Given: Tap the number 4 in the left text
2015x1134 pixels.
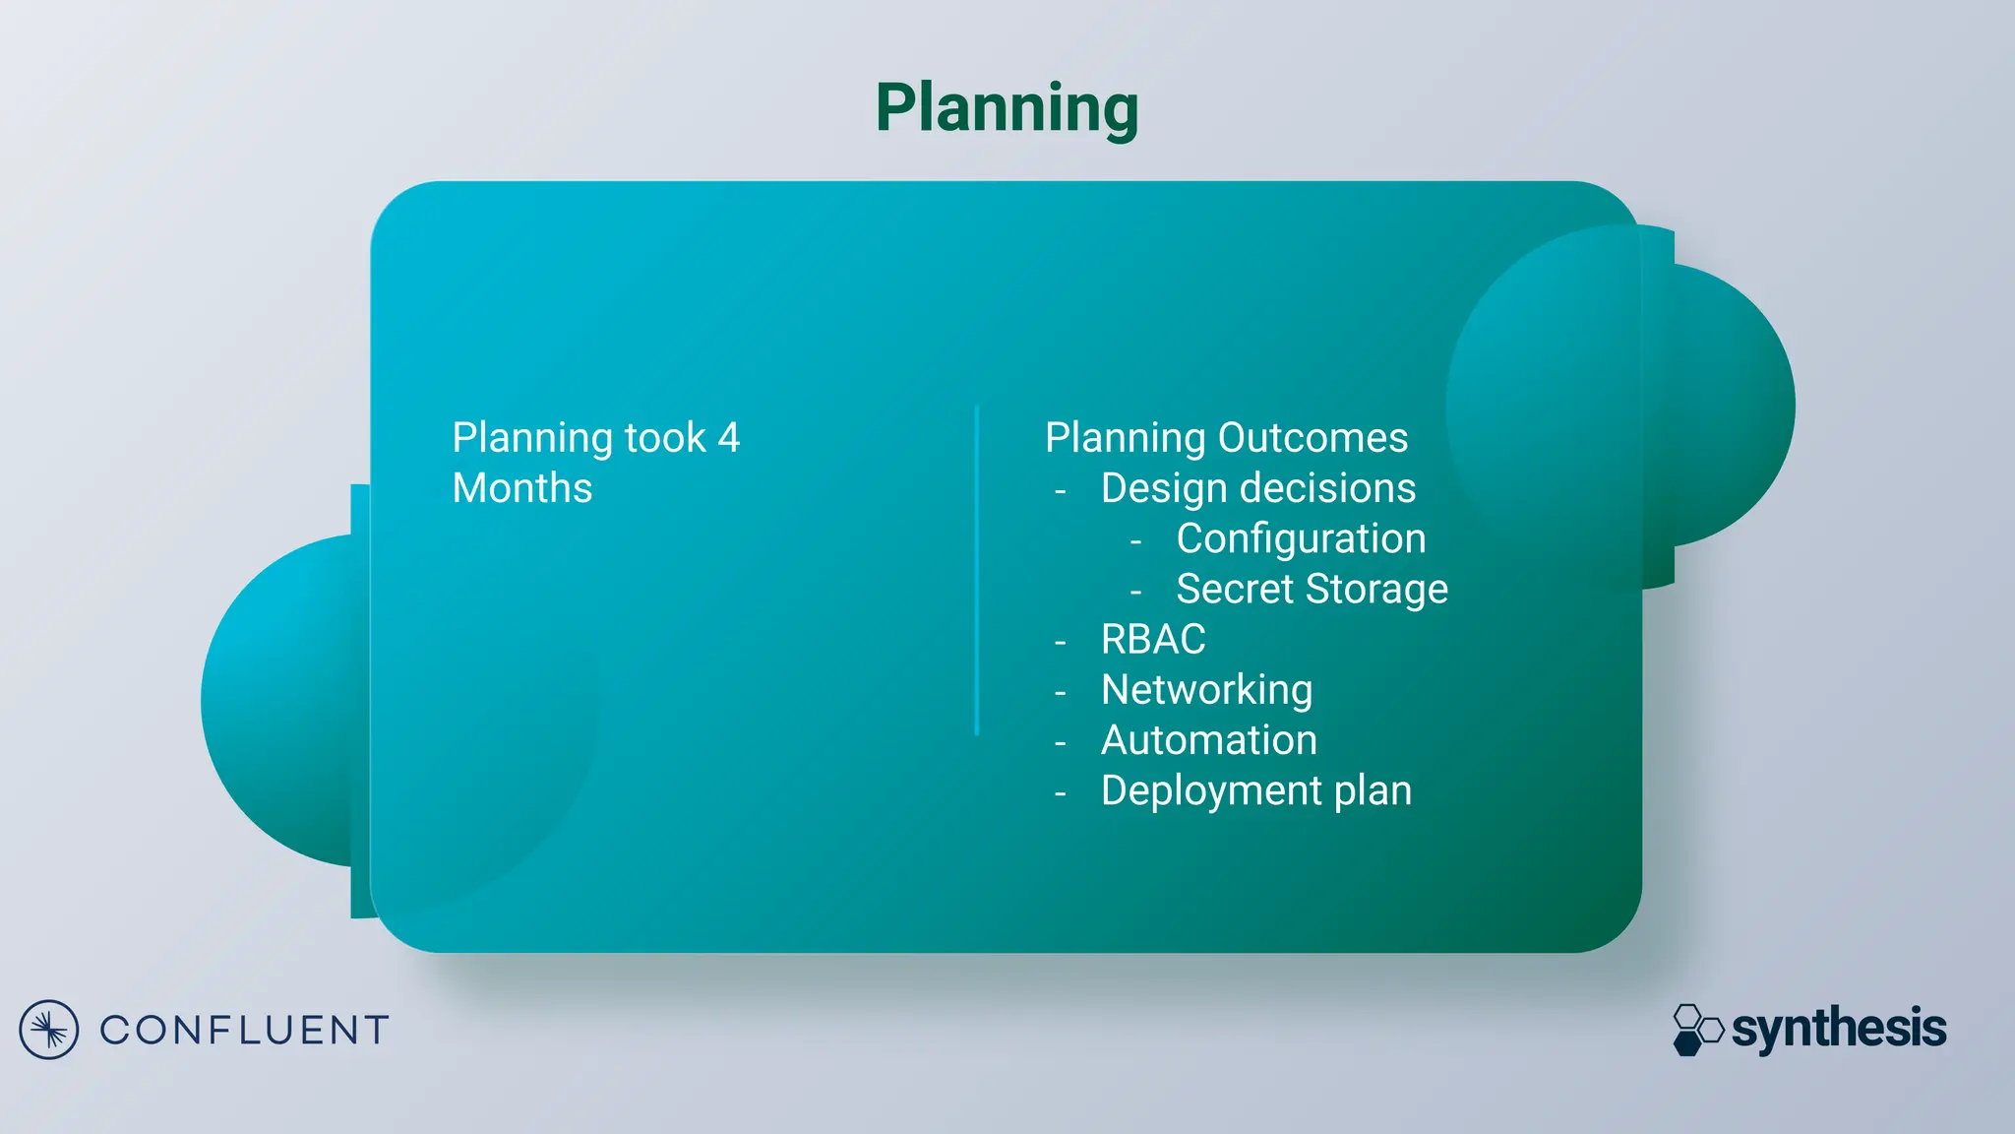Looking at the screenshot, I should (728, 438).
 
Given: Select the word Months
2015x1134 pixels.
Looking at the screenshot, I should (522, 488).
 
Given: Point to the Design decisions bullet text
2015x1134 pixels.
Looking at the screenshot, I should (1257, 488).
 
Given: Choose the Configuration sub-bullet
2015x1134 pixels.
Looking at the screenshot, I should (1301, 538).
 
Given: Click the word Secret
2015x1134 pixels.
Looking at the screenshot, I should (1234, 589).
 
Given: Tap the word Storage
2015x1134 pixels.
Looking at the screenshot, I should (1376, 589).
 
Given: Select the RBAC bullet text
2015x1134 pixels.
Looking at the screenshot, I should (1153, 640).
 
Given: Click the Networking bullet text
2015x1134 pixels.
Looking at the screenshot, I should (1206, 690).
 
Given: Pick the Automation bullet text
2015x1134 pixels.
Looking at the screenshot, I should (1208, 740).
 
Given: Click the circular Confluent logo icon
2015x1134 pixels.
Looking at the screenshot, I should (48, 1030).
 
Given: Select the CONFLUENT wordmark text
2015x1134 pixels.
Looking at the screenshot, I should (244, 1031).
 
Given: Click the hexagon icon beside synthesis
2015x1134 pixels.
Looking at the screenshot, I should (1697, 1030).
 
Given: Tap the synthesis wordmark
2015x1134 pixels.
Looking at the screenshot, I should (1838, 1029).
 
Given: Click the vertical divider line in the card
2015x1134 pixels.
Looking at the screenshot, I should (976, 571).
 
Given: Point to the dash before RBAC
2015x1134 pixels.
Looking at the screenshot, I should (1060, 643).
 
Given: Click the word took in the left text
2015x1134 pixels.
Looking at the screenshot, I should (665, 438).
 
